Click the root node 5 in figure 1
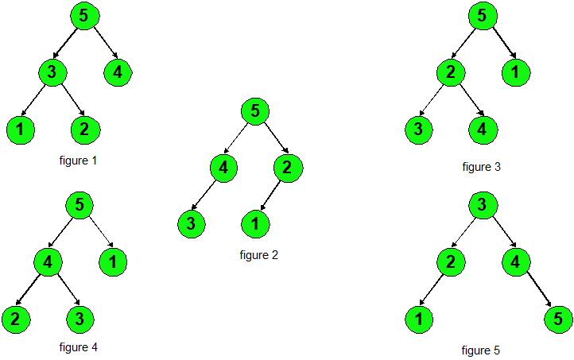[83, 16]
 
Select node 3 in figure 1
[51, 73]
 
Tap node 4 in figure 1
[118, 73]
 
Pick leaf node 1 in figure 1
[21, 129]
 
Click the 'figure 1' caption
[78, 161]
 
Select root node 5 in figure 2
[254, 111]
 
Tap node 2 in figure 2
[289, 168]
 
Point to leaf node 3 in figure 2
[191, 224]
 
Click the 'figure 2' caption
[258, 255]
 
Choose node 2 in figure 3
[449, 73]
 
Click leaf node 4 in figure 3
[483, 129]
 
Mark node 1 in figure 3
[515, 73]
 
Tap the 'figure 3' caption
[481, 167]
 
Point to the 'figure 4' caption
[78, 347]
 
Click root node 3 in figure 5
[483, 205]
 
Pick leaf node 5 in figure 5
[558, 319]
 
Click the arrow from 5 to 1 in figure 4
[99, 233]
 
